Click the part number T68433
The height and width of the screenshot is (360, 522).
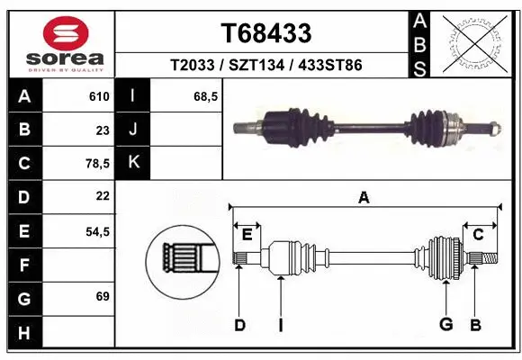tap(266, 33)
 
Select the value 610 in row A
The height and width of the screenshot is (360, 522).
tap(99, 96)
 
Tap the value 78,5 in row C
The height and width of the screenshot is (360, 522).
tap(96, 164)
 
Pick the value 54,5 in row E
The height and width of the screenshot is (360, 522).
tap(96, 231)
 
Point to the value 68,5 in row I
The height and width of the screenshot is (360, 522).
tap(206, 96)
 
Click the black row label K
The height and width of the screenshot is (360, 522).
tap(133, 163)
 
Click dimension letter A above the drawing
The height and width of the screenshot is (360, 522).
tap(364, 198)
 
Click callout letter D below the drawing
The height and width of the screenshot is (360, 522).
tap(239, 325)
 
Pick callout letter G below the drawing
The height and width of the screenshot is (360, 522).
tap(445, 325)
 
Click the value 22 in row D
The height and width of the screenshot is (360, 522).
tap(102, 196)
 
